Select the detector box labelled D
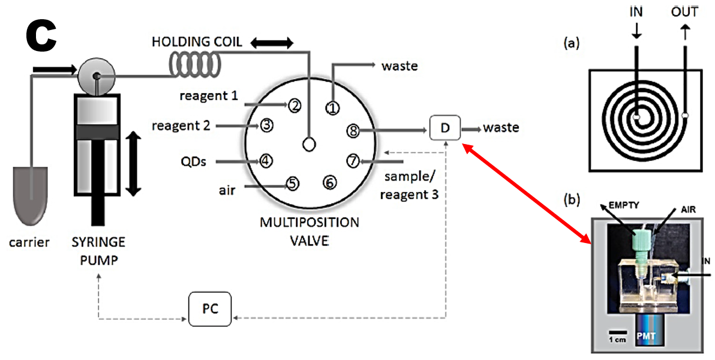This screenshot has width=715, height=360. (444, 127)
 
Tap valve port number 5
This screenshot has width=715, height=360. (292, 184)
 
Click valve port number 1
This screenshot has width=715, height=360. (332, 107)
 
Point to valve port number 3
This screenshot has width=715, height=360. (267, 125)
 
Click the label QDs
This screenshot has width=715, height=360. (195, 161)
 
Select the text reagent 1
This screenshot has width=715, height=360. (209, 95)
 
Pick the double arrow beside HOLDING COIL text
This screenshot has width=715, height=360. (272, 43)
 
